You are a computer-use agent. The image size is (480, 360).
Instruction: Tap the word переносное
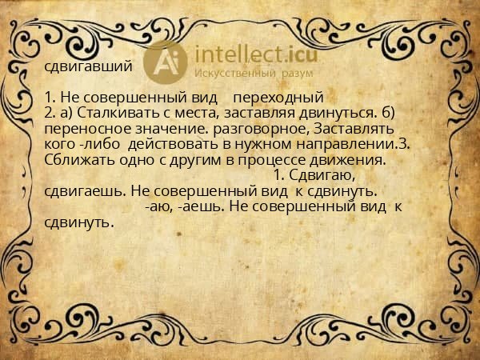pyautogui.click(x=82, y=128)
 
